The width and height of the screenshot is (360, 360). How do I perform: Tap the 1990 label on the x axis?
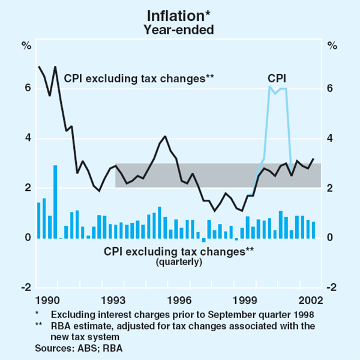pos(47,299)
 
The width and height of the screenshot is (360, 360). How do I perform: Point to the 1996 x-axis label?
pos(179,299)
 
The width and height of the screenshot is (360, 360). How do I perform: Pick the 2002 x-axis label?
pos(312,299)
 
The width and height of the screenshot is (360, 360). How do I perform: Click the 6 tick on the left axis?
pos(27,88)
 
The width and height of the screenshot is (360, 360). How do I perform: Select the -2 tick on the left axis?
pos(26,288)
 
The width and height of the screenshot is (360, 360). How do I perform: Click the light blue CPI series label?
pos(277,77)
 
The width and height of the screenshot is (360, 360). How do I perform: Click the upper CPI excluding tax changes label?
pos(139,77)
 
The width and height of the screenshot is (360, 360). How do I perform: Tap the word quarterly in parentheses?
pos(179,262)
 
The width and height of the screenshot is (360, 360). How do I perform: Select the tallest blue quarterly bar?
pos(55,202)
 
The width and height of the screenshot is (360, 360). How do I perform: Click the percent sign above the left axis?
pos(26,45)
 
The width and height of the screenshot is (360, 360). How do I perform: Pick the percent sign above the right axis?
pos(330,45)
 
